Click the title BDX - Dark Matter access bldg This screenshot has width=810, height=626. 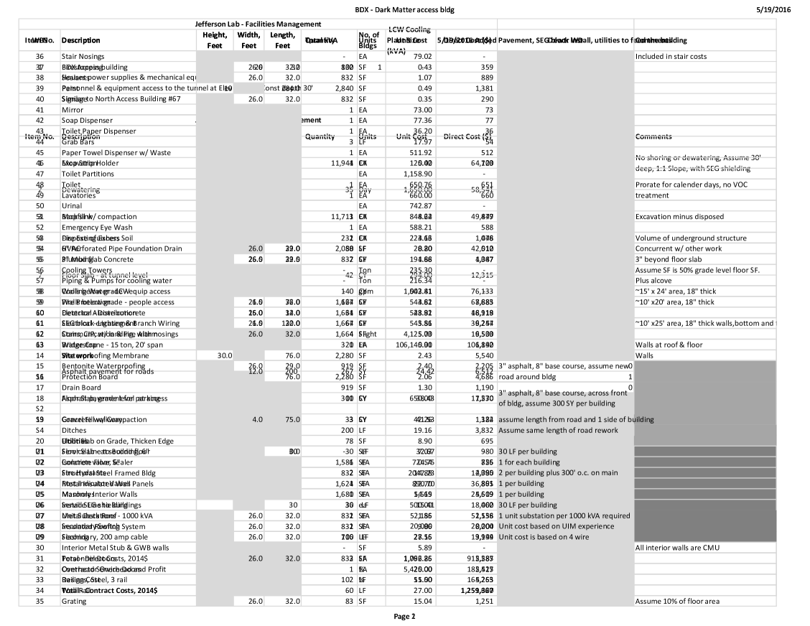pyautogui.click(x=405, y=10)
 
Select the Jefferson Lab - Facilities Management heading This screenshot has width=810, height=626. pyautogui.click(x=248, y=24)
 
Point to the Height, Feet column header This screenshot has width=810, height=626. pyautogui.click(x=215, y=39)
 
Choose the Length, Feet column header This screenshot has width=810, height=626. pyautogui.click(x=282, y=39)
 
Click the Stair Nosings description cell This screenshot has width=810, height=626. pyautogui.click(x=83, y=56)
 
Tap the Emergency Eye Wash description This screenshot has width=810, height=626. pyautogui.click(x=94, y=228)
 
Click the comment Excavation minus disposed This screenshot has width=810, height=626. pyautogui.click(x=679, y=217)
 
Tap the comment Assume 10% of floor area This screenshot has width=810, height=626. pyautogui.click(x=677, y=601)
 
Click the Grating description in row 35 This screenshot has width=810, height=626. pyautogui.click(x=73, y=601)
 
